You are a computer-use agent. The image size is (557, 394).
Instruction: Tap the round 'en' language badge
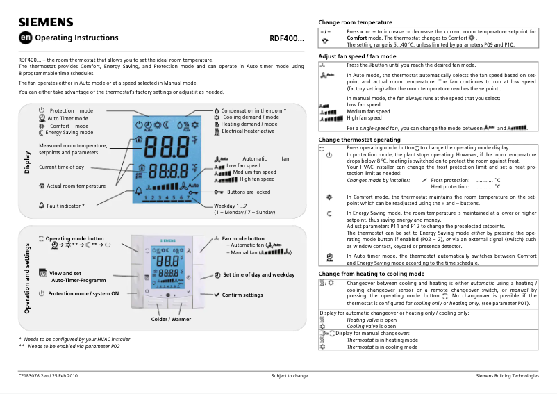tap(25, 38)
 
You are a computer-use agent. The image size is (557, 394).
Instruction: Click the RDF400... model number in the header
tap(286, 38)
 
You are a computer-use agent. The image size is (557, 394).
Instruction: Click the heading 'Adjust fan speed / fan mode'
tap(357, 56)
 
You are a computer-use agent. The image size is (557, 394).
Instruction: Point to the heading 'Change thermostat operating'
tap(359, 140)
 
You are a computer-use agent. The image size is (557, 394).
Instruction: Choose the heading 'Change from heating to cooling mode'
tap(371, 274)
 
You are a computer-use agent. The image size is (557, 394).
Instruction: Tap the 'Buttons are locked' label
tap(249, 192)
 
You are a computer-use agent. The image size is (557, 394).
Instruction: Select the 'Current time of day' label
tap(62, 167)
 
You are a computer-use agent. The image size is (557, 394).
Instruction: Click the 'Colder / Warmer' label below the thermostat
tap(171, 319)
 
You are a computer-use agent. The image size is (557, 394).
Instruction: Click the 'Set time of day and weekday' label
tap(258, 275)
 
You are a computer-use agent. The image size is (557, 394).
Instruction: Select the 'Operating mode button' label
tap(74, 238)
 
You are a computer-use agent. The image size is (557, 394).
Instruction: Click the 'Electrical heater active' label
tap(248, 131)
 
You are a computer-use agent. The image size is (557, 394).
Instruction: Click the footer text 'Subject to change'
tap(290, 376)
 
